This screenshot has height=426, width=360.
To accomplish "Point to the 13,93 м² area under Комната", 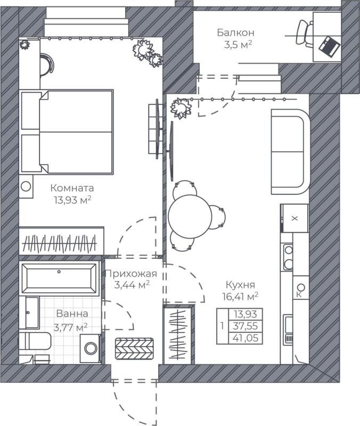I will click(x=71, y=200).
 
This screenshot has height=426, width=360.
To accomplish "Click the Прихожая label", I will click(x=130, y=274).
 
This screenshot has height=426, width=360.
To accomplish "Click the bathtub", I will click(x=59, y=276).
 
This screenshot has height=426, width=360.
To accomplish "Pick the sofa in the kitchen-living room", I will click(x=290, y=152).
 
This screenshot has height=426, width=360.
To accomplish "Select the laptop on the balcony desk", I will click(x=329, y=46).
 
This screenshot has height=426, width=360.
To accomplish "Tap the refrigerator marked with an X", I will click(x=294, y=218).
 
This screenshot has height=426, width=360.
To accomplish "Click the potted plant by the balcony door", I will click(x=180, y=109).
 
